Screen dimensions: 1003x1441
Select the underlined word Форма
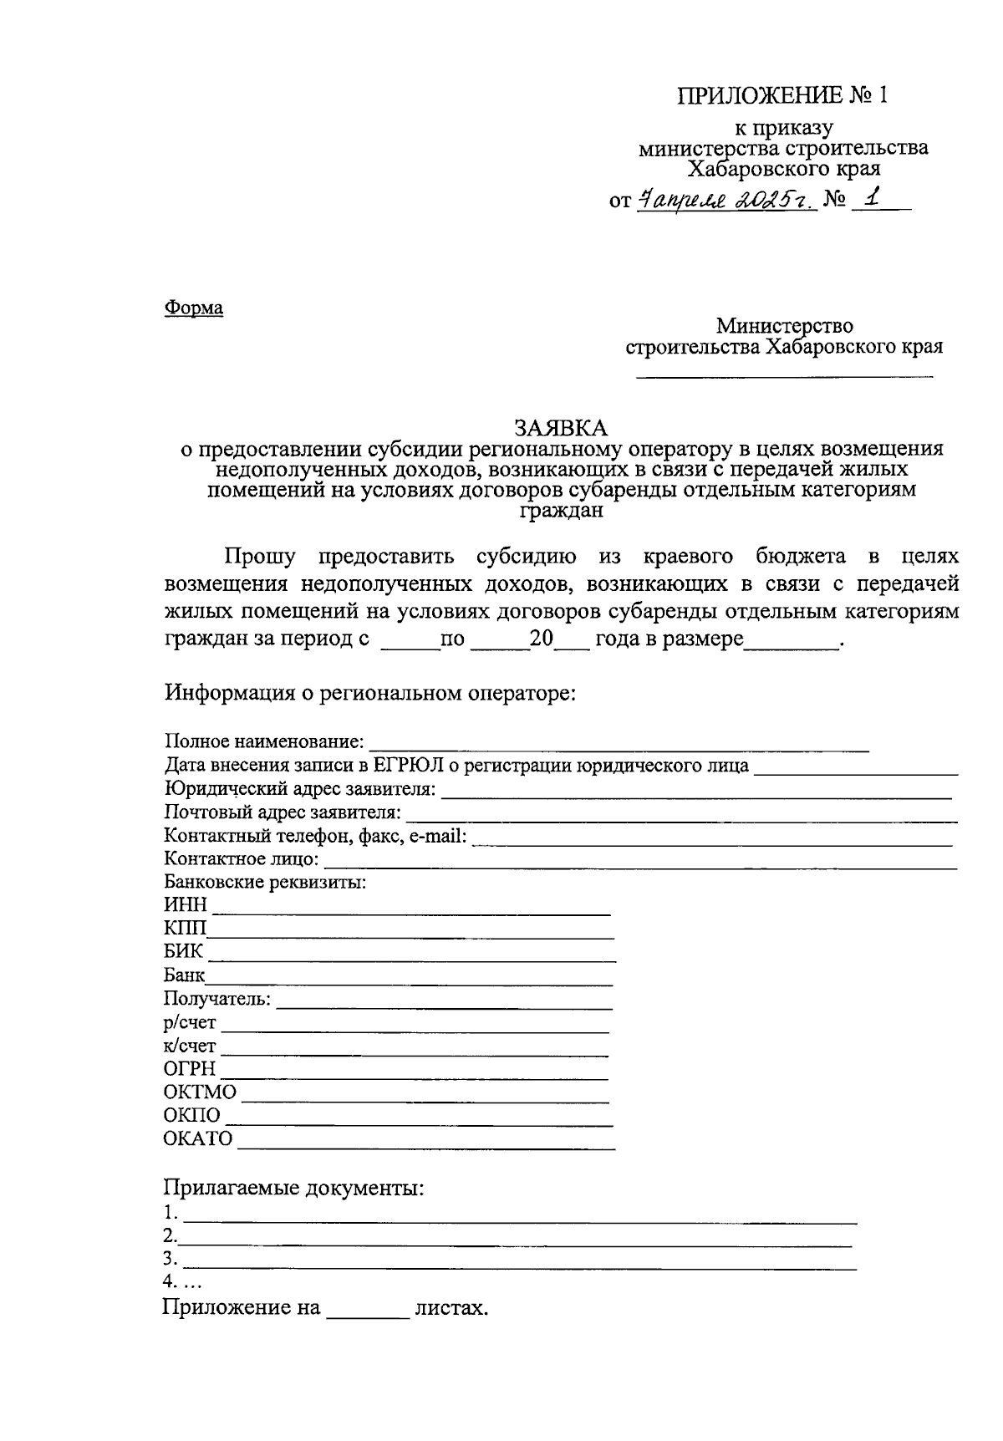pos(193,308)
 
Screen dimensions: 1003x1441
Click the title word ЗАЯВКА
pos(561,428)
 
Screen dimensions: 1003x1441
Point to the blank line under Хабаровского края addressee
pos(785,378)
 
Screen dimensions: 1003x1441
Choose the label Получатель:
pos(217,999)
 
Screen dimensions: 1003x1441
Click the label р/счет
pos(190,1022)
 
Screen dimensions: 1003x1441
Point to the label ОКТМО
pos(200,1092)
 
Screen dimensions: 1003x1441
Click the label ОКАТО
pos(198,1139)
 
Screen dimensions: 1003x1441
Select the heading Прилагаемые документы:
pos(293,1188)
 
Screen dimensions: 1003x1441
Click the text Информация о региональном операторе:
pos(370,693)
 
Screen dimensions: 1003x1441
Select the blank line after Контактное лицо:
pos(639,867)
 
